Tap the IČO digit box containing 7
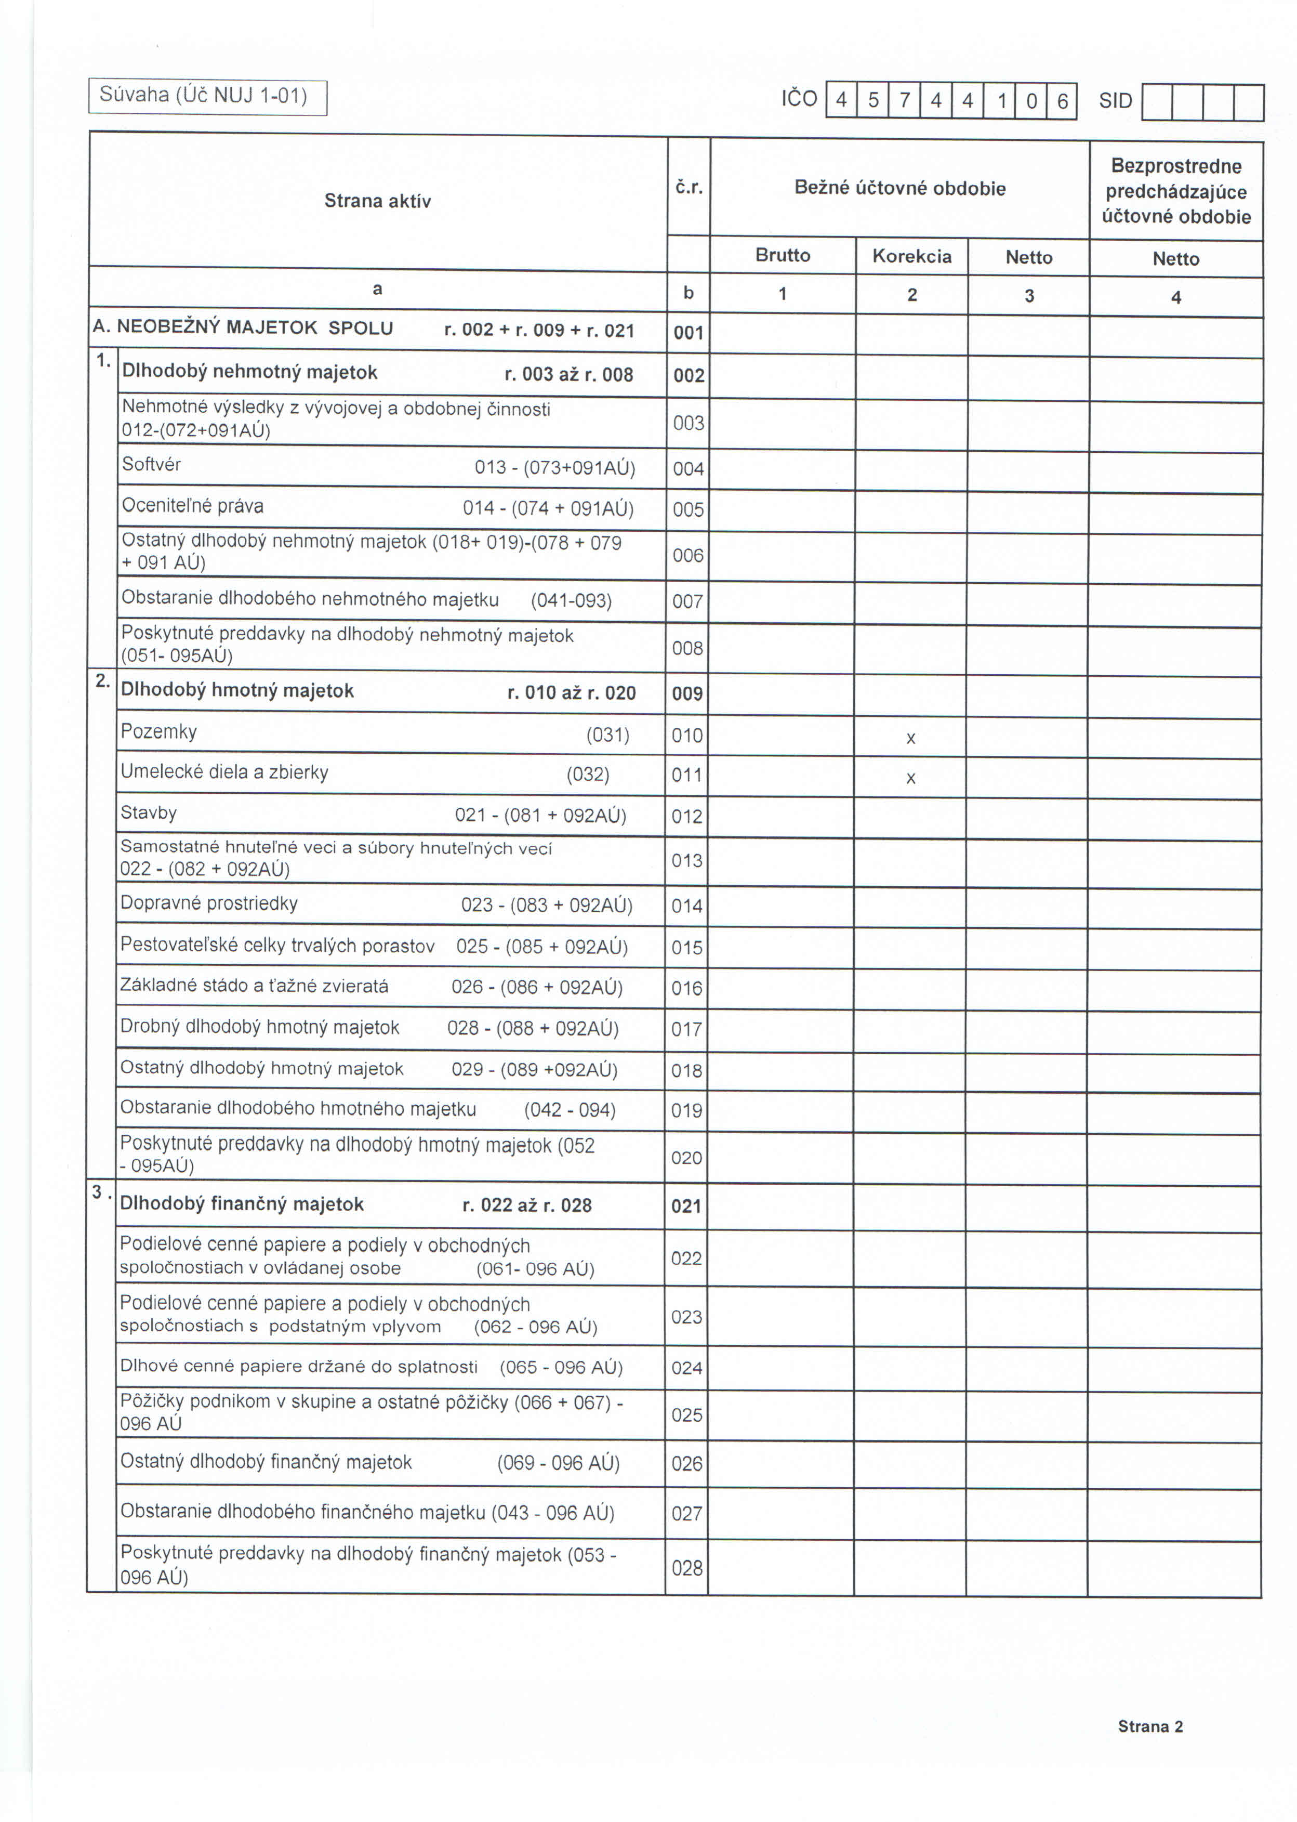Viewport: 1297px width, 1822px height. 905,101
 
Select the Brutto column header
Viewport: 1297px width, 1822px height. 783,256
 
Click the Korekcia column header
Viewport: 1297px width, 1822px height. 912,256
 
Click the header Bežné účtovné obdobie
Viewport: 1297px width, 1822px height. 900,189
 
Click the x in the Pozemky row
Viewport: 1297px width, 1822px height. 910,739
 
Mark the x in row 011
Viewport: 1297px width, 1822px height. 910,779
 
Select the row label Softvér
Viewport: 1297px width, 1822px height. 152,465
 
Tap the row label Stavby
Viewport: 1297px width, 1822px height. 149,813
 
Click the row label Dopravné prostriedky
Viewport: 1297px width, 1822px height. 209,903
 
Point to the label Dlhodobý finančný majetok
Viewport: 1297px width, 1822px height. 242,1204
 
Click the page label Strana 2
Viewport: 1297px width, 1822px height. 1150,1727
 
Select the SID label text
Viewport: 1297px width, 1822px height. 1116,101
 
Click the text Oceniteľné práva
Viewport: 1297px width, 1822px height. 192,506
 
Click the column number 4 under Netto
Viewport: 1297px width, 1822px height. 1175,298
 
